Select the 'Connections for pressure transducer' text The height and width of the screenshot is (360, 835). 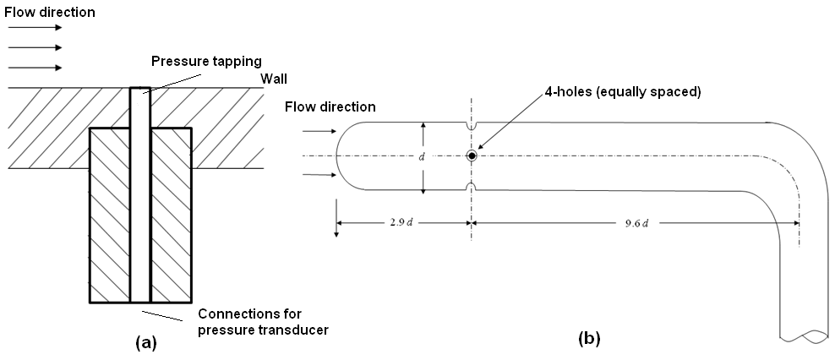click(262, 323)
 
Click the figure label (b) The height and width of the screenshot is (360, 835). click(588, 339)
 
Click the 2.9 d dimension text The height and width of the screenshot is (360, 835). click(402, 223)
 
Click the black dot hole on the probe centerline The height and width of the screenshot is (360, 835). click(472, 156)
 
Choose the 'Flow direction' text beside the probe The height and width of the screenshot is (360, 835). click(330, 106)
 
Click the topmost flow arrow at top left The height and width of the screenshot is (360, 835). click(34, 28)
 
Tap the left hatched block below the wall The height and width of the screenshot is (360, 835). click(110, 215)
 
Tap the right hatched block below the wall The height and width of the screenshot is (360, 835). click(170, 215)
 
